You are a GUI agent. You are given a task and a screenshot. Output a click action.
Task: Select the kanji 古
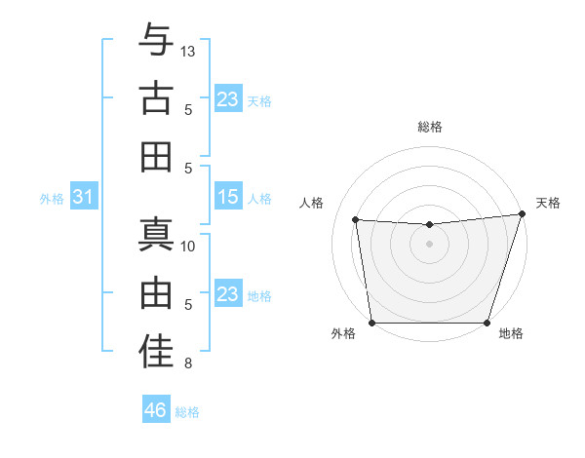pyautogui.click(x=156, y=98)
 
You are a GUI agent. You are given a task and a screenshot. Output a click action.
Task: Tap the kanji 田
pyautogui.click(x=156, y=157)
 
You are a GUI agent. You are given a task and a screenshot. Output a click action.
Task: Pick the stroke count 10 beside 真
pyautogui.click(x=188, y=246)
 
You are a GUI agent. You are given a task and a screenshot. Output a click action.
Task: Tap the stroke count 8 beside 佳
pyautogui.click(x=188, y=363)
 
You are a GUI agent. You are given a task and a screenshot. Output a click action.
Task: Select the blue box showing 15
pyautogui.click(x=228, y=197)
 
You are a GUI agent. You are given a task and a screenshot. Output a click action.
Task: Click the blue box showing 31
pyautogui.click(x=84, y=198)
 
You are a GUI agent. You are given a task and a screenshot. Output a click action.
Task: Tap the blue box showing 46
pyautogui.click(x=156, y=410)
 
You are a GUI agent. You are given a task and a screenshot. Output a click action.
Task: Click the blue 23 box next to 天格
pyautogui.click(x=228, y=99)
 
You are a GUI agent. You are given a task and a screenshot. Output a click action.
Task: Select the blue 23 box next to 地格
pyautogui.click(x=228, y=294)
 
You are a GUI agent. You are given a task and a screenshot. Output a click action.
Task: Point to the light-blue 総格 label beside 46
pyautogui.click(x=187, y=412)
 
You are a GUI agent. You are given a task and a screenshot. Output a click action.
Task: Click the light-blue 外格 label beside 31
pyautogui.click(x=52, y=199)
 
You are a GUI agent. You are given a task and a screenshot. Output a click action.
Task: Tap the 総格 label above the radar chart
pyautogui.click(x=429, y=127)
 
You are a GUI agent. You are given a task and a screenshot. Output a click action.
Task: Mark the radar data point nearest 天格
pyautogui.click(x=522, y=214)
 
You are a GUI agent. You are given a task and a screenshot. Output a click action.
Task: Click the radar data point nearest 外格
pyautogui.click(x=371, y=323)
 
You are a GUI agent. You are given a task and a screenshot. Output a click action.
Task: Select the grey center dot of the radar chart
pyautogui.click(x=429, y=245)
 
